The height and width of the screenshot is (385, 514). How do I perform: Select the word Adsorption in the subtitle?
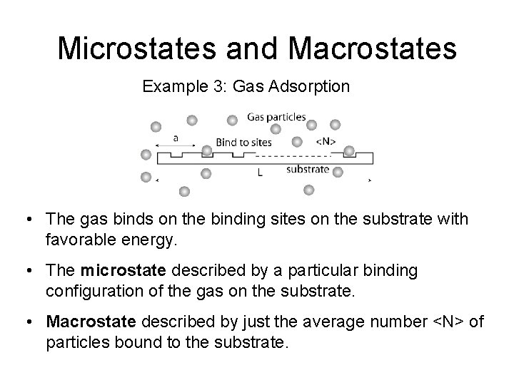tap(314, 87)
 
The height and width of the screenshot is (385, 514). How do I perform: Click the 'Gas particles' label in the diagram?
tap(276, 117)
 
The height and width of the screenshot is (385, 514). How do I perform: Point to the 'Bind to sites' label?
tap(243, 142)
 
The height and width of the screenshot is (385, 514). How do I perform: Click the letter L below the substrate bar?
tap(260, 172)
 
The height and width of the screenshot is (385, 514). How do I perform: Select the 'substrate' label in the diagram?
tap(308, 170)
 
